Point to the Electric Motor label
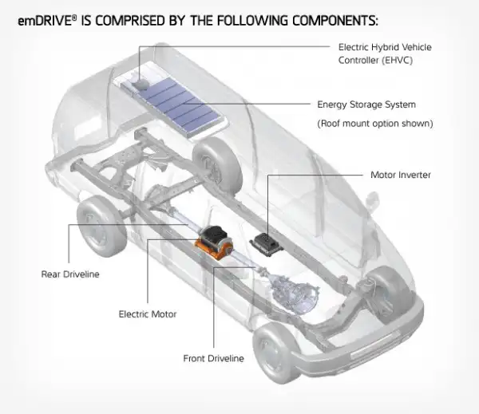(148, 314)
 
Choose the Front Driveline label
(213, 358)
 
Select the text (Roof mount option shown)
(374, 124)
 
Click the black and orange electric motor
(217, 240)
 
